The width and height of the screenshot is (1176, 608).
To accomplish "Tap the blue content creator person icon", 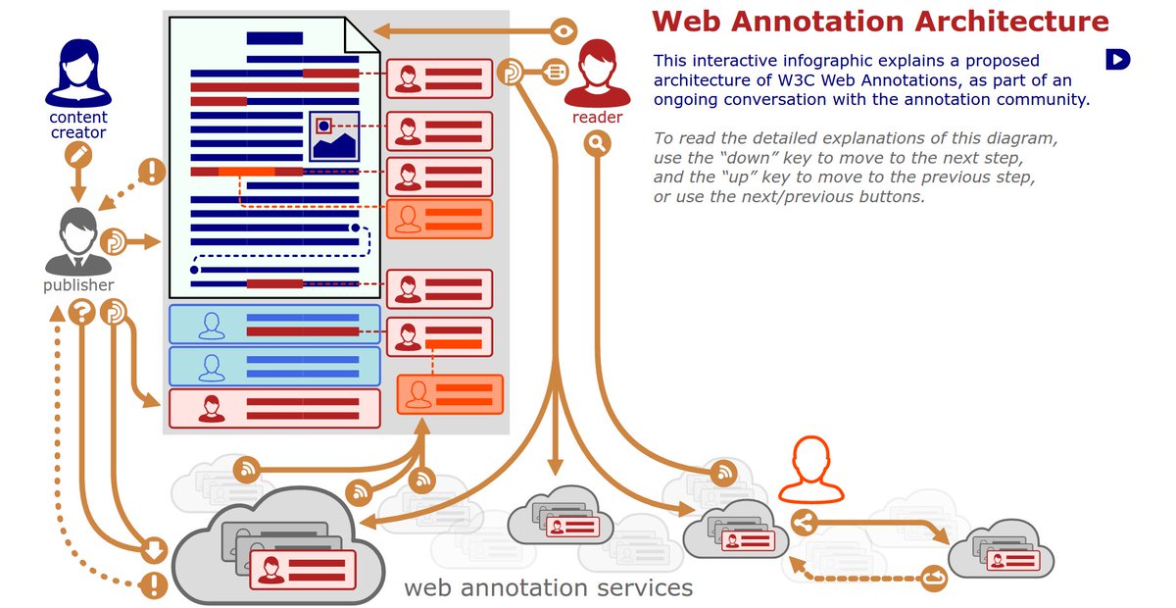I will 77,73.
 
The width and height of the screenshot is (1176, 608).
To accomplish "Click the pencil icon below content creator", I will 78,155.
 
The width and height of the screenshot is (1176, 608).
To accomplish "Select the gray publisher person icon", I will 77,241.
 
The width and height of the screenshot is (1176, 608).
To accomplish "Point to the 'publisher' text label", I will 78,285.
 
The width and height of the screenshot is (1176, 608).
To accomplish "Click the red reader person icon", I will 597,74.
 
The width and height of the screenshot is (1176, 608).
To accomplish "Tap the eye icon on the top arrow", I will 563,30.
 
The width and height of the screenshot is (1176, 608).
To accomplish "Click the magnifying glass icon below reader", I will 597,144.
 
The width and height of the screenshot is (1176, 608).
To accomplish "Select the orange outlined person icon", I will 810,470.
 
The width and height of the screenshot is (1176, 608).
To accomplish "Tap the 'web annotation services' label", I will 548,588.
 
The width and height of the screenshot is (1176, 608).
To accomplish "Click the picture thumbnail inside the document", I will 334,136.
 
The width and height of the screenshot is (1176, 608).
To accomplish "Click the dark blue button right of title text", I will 1117,60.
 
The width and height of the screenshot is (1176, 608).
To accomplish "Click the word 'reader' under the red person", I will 597,118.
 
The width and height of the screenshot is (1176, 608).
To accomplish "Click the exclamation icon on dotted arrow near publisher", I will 152,173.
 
